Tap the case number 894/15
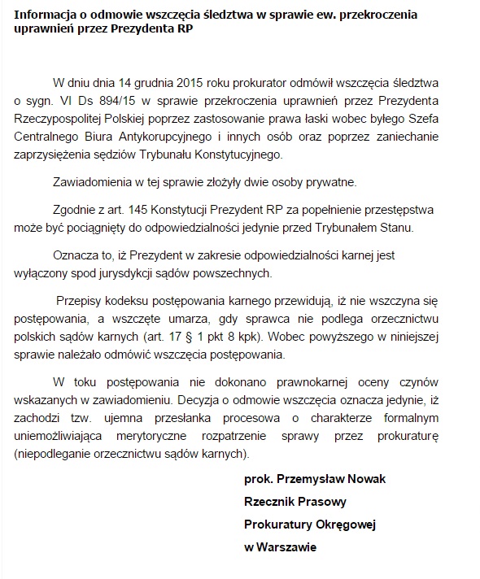(108, 101)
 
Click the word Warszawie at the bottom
(286, 548)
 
